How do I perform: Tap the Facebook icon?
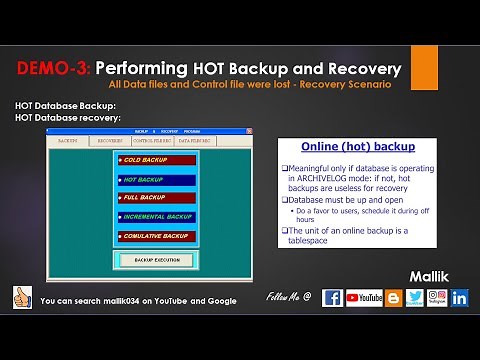tap(332, 298)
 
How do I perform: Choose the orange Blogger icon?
tap(394, 298)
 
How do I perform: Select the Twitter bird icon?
tap(415, 298)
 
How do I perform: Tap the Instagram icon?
tap(436, 298)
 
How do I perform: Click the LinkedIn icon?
tap(460, 298)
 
